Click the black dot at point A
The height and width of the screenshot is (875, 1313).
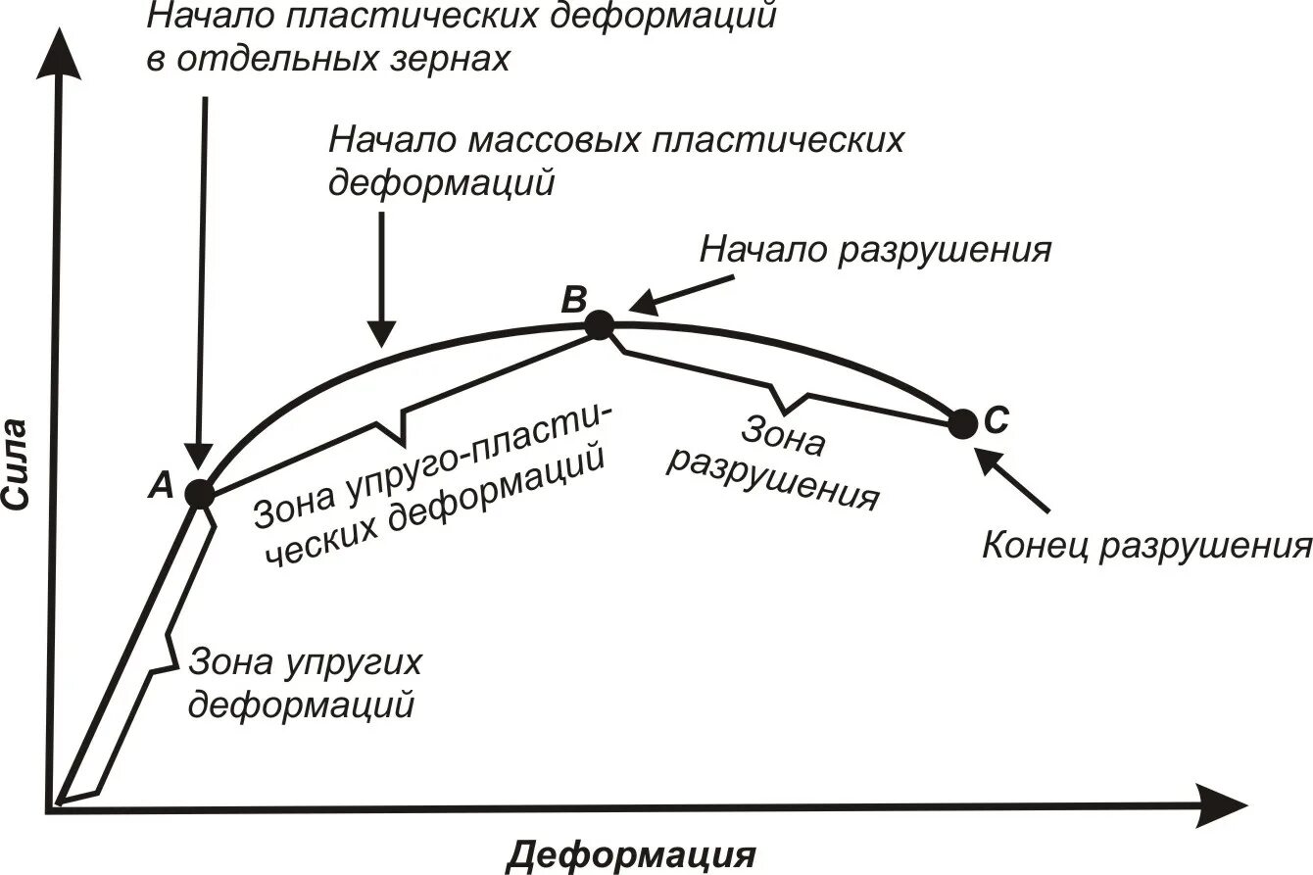pos(199,494)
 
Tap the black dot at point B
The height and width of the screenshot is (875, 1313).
pos(599,324)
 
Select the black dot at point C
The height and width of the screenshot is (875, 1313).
pos(963,424)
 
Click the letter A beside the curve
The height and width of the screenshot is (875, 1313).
pos(162,483)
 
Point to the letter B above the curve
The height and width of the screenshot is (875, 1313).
pos(573,298)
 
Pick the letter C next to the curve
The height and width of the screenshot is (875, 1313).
pos(994,420)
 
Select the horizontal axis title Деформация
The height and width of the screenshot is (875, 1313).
pos(632,854)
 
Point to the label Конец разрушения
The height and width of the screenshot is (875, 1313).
pos(1145,546)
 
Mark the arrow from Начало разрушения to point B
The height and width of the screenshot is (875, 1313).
pos(676,295)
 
